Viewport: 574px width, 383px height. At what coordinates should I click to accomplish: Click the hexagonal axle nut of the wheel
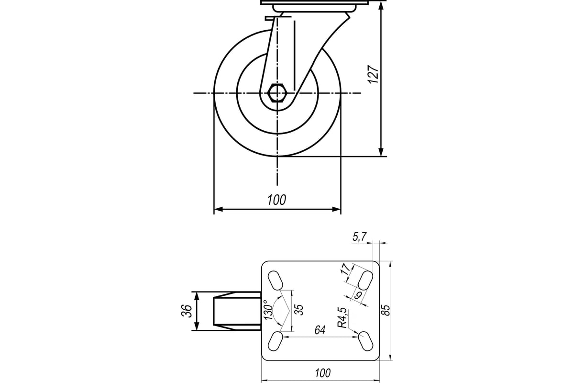pos(277,93)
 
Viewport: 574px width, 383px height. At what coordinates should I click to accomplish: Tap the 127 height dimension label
pos(373,74)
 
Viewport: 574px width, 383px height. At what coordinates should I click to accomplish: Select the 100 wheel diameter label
pos(276,200)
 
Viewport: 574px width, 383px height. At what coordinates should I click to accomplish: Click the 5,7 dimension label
pos(360,237)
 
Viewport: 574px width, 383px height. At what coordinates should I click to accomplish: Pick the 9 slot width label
pos(358,295)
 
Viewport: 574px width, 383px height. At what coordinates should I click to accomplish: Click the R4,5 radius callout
pos(342,317)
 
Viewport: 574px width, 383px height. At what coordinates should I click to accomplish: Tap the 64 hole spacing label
pos(320,330)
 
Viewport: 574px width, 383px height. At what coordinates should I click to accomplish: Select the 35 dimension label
pos(299,310)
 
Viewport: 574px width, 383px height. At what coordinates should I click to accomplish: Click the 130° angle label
pos(268,310)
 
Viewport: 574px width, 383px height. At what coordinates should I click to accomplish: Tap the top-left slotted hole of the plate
pos(275,280)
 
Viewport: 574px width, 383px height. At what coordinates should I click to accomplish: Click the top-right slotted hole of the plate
pos(365,280)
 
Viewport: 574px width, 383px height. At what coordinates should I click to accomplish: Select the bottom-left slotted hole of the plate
pos(275,341)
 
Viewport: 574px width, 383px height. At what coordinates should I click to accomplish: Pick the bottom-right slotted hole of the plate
pos(365,341)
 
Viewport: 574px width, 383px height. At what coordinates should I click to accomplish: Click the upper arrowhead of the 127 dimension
pos(381,5)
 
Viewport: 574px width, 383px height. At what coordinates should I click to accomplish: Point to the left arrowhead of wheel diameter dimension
pos(218,209)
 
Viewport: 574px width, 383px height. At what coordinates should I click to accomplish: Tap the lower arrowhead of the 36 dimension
pos(197,326)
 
